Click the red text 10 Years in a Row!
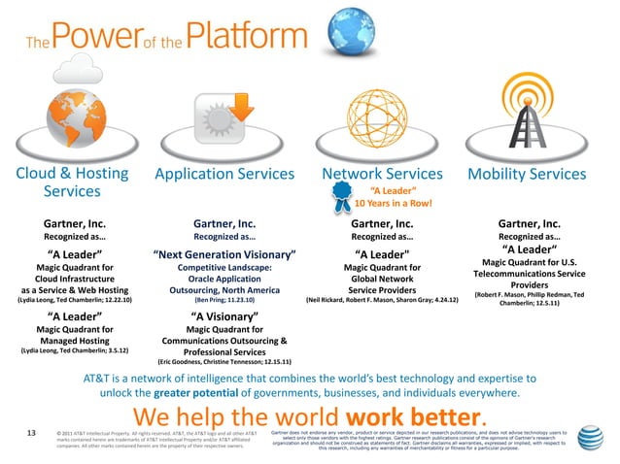[x=392, y=204]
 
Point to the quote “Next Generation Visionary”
[x=224, y=255]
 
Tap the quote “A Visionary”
[x=224, y=315]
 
